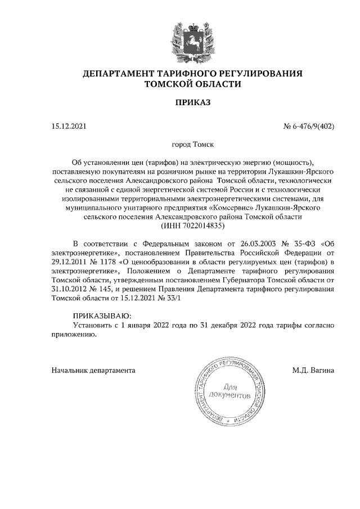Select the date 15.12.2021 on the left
pos(69,126)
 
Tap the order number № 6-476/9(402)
pos(308,126)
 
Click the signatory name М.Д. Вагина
pos(313,371)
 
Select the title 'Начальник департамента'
pos(93,371)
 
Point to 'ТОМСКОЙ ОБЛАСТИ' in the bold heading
pos(192,84)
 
